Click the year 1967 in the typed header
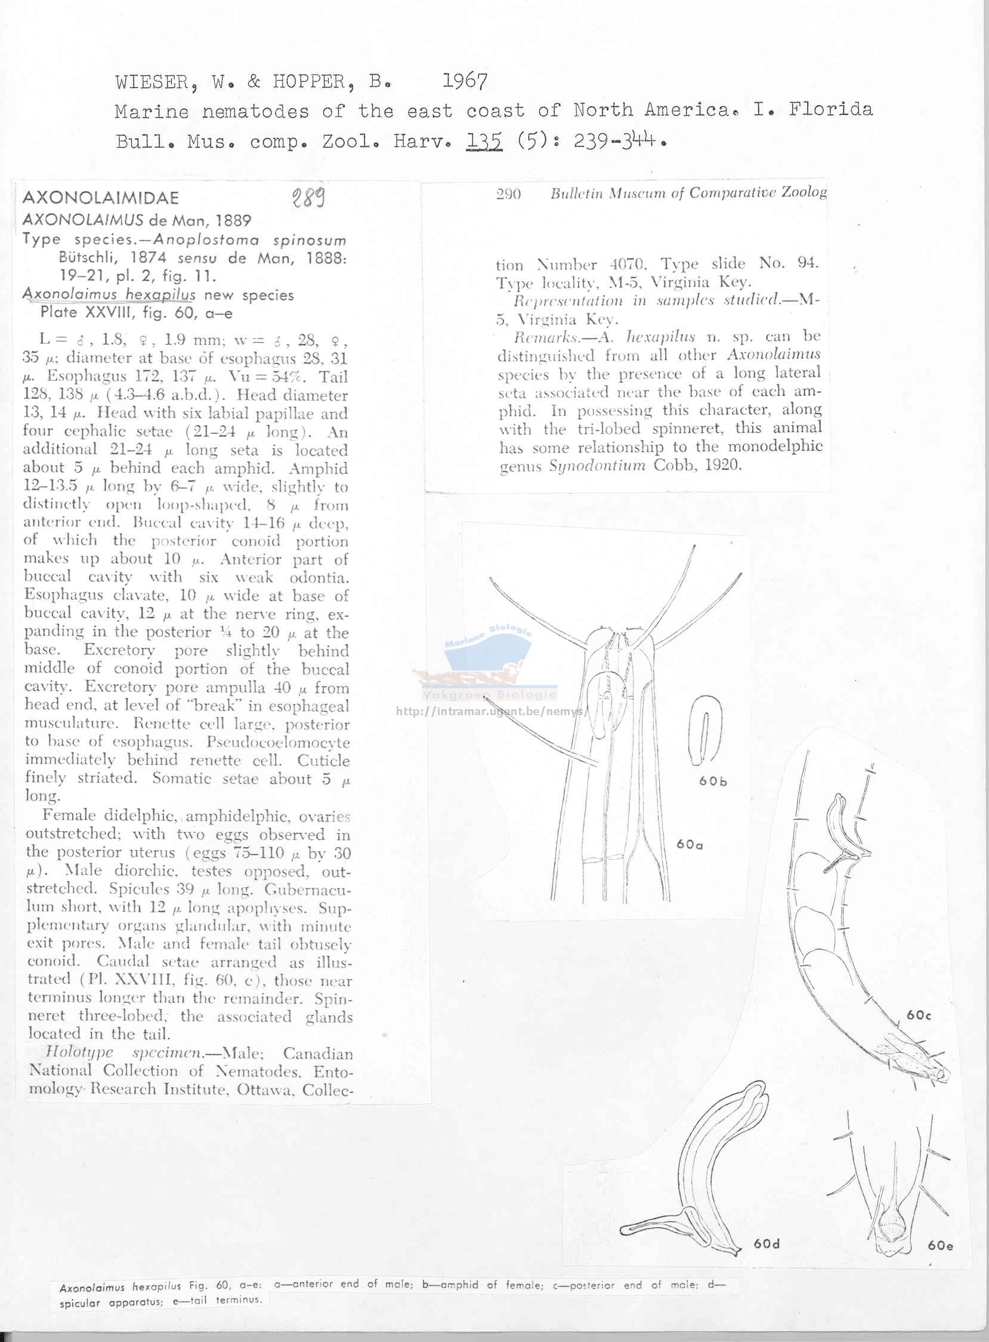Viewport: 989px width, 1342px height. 465,80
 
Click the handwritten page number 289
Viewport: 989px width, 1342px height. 308,196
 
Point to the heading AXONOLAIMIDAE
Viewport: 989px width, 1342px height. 101,198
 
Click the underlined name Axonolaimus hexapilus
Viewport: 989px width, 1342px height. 109,295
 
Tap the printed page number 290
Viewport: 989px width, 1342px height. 508,193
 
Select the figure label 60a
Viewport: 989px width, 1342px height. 690,844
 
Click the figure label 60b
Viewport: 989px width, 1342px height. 713,781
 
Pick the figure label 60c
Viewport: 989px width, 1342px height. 919,1015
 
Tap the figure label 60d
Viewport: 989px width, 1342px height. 767,1243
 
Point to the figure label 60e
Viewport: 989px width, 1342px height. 940,1245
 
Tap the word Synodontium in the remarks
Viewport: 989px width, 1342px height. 597,466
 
